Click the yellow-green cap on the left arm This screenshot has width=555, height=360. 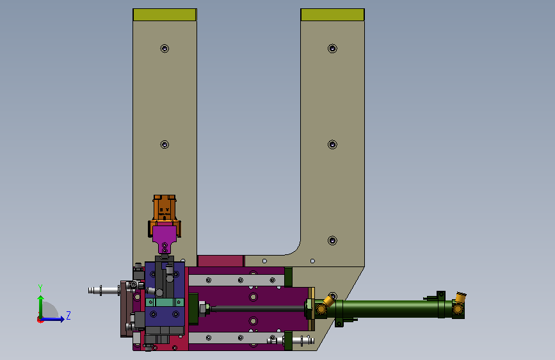pos(165,15)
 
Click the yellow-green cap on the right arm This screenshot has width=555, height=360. pos(332,15)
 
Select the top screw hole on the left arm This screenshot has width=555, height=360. pos(165,49)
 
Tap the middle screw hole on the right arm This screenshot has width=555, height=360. pos(332,145)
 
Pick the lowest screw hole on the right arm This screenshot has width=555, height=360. pos(332,241)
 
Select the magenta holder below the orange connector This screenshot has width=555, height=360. pos(165,238)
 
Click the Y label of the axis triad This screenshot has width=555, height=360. pos(40,288)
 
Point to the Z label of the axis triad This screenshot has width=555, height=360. pos(68,315)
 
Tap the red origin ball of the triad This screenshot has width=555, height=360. pos(40,320)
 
